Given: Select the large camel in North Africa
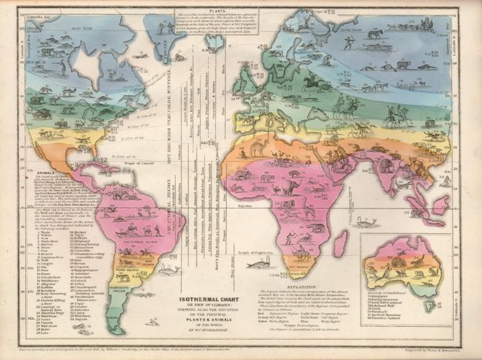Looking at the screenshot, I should point(260,152).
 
